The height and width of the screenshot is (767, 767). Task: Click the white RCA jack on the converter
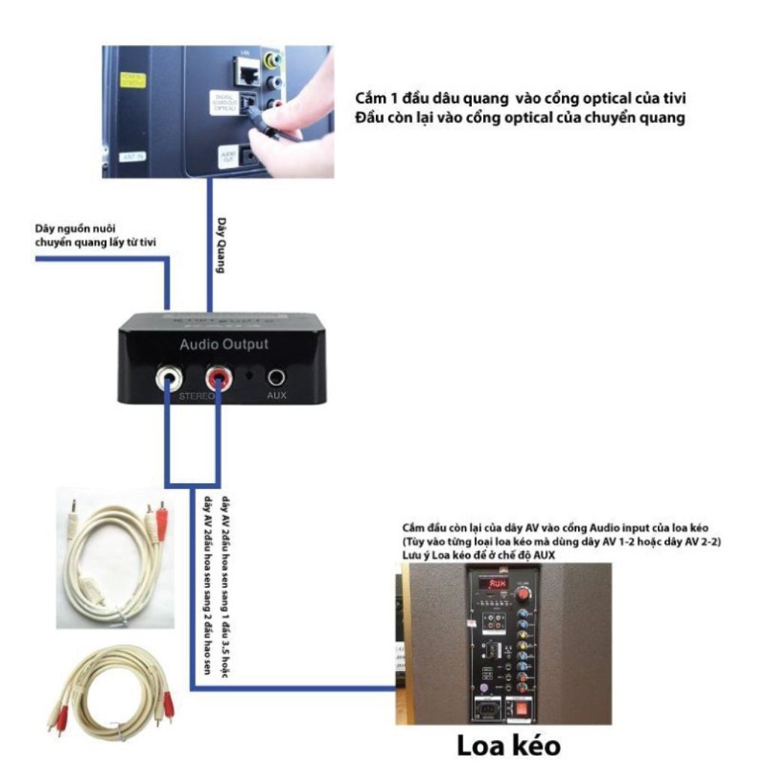166,377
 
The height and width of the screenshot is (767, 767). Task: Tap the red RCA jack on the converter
219,377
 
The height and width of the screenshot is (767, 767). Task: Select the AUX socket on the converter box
277,377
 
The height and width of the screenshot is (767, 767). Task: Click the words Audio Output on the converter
223,345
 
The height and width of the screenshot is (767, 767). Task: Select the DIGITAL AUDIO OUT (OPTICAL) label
223,103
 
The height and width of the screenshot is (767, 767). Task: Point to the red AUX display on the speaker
495,583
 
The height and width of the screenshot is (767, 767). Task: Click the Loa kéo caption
509,747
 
